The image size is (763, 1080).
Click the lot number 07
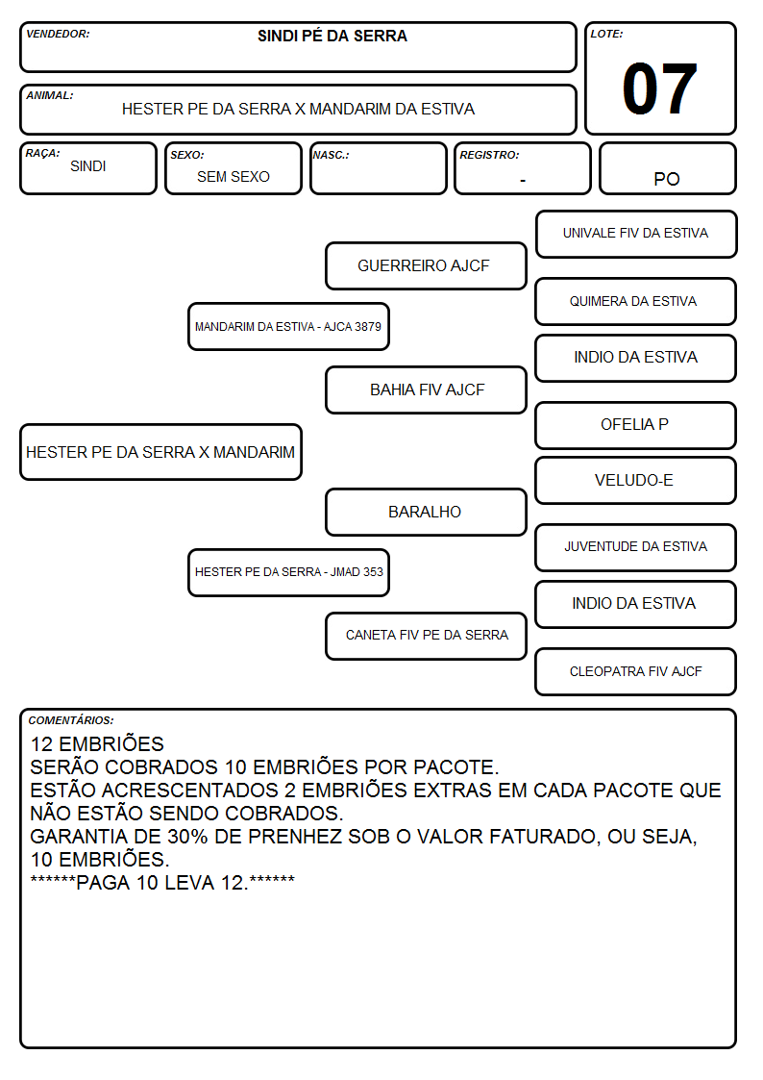point(659,88)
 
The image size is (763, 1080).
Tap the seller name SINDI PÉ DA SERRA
point(332,36)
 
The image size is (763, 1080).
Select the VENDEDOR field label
point(58,34)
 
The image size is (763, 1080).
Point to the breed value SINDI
point(88,166)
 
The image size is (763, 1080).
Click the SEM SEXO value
point(234,177)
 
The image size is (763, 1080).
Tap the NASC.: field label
point(331,155)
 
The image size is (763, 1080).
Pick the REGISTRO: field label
point(489,155)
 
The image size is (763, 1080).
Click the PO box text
point(667,179)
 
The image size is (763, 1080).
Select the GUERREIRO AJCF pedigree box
point(426,265)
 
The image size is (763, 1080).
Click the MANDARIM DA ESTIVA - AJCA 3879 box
point(289,326)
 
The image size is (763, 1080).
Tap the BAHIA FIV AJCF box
point(426,389)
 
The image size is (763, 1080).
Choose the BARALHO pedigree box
point(426,512)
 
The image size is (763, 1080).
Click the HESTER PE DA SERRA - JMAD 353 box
point(289,572)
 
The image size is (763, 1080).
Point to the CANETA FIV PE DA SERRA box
point(426,636)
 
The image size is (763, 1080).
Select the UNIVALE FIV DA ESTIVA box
point(636,235)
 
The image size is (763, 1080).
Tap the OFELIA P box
point(636,425)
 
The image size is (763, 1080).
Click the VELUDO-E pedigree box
point(636,480)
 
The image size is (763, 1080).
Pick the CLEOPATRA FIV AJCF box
point(636,671)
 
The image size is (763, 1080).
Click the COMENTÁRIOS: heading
point(71,720)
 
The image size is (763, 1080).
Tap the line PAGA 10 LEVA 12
point(162,882)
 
